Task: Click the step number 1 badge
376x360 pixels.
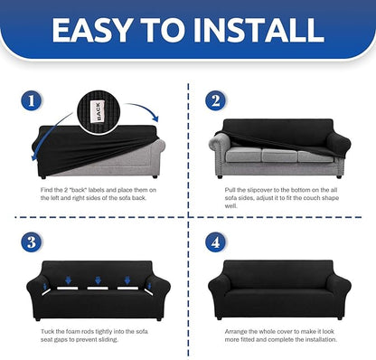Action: pyautogui.click(x=32, y=100)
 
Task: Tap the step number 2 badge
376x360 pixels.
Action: pyautogui.click(x=216, y=100)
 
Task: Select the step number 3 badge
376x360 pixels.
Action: pyautogui.click(x=32, y=242)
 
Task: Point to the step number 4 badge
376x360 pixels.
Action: pyautogui.click(x=216, y=242)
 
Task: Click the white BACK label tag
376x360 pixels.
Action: pyautogui.click(x=98, y=111)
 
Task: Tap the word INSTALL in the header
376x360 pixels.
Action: pyautogui.click(x=258, y=30)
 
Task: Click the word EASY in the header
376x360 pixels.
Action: pyautogui.click(x=91, y=30)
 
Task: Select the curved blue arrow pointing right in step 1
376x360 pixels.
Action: pyautogui.click(x=142, y=110)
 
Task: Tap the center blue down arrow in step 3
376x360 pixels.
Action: pyautogui.click(x=98, y=280)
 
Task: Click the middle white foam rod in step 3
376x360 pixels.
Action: pyautogui.click(x=98, y=289)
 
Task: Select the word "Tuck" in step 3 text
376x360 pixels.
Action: pyautogui.click(x=47, y=331)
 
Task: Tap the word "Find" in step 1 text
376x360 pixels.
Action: pyautogui.click(x=47, y=190)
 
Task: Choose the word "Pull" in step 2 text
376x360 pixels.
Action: pyautogui.click(x=230, y=190)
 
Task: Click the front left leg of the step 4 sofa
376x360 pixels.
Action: pyautogui.click(x=220, y=317)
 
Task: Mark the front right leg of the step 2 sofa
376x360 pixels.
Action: pyautogui.click(x=339, y=176)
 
